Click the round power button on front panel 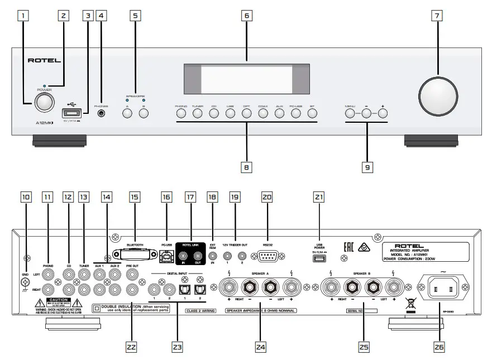click(44, 102)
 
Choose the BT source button click(312, 113)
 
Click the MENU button click(350, 113)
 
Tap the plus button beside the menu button click(383, 113)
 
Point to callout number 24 click(259, 347)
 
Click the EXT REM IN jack click(212, 257)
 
